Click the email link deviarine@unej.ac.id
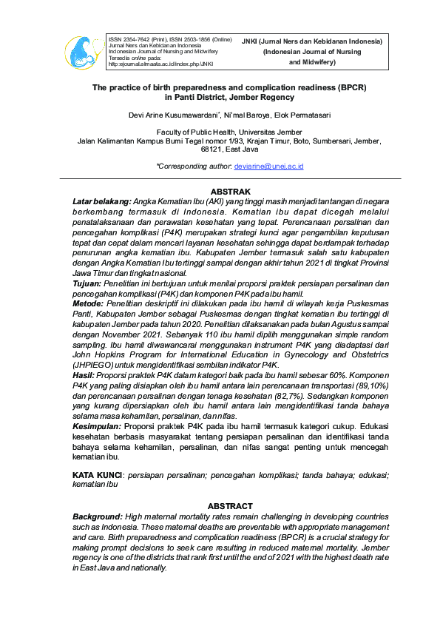coord(268,166)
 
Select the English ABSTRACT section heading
coord(230,506)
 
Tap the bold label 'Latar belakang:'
coord(101,201)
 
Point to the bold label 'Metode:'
coord(89,303)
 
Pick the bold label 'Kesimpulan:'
coord(97,427)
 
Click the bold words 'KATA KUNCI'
coord(97,474)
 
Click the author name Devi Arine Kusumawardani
coord(170,115)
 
